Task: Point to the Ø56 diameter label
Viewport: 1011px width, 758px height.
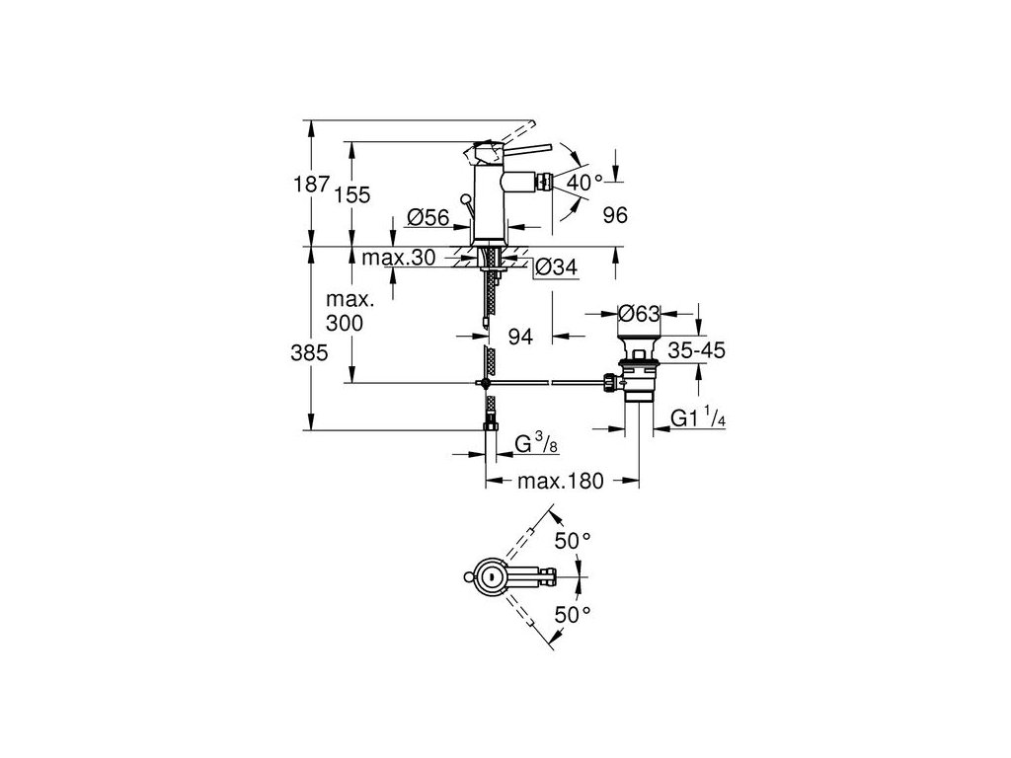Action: pos(428,216)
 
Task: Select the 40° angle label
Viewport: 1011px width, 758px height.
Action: pos(584,182)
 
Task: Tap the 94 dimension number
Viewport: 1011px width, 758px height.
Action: pos(519,338)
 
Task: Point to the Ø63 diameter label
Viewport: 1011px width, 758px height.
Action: pos(639,315)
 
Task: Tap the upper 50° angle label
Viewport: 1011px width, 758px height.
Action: pos(574,540)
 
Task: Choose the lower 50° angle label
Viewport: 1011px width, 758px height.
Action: pos(574,614)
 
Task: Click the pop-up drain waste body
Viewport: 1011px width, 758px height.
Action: pos(638,379)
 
